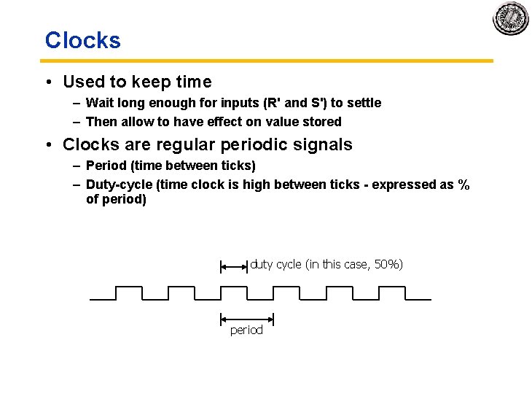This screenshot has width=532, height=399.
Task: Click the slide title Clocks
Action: point(82,40)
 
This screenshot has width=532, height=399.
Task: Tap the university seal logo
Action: point(510,18)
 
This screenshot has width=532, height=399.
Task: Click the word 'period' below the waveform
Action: point(246,330)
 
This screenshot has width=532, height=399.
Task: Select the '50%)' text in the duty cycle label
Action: point(388,264)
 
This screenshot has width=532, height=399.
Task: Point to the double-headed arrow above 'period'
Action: point(246,318)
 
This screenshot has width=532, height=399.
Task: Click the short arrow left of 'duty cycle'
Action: point(234,267)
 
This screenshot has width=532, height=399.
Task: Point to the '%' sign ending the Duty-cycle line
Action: point(463,185)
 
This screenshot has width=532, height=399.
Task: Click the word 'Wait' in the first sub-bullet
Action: point(99,103)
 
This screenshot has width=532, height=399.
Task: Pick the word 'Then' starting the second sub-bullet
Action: point(101,122)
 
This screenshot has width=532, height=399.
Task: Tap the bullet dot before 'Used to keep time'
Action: point(48,82)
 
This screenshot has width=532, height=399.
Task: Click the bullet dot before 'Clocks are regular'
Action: point(48,144)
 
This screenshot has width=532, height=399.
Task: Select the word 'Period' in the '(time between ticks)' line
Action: point(105,166)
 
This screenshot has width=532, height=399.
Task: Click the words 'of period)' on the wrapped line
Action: point(116,198)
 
